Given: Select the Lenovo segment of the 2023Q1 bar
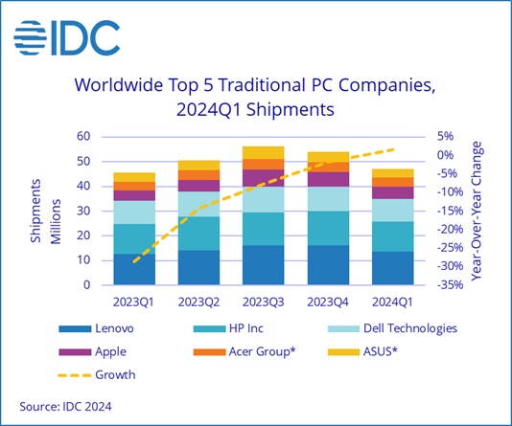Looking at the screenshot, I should tap(134, 269).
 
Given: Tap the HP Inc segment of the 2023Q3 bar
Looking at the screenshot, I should tap(263, 229).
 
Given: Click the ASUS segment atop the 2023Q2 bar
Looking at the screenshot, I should tap(198, 165).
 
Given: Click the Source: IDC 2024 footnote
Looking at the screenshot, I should tap(65, 407).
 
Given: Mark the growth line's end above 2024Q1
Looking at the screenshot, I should tap(393, 148).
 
